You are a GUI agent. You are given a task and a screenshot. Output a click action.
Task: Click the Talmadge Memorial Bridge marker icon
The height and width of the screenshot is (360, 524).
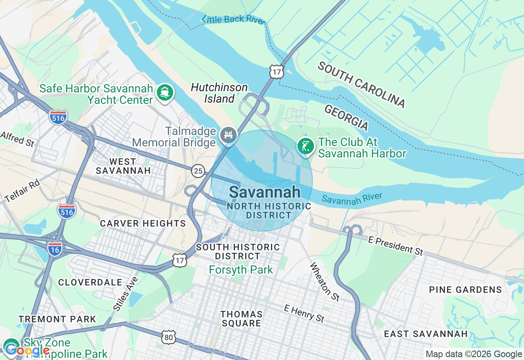point(228,135)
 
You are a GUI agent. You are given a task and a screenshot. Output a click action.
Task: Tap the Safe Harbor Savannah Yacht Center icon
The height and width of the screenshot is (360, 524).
point(165,92)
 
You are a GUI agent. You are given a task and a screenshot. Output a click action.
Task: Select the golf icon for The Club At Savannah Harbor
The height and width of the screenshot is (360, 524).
point(305,146)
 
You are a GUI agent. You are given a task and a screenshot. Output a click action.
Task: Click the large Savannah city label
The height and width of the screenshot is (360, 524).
point(264,192)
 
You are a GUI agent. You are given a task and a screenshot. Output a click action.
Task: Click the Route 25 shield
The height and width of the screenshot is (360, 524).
point(198,171)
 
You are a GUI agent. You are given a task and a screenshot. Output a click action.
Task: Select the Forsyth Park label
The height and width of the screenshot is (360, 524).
point(241,270)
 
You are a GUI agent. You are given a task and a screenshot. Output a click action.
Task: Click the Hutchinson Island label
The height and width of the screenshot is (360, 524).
point(219,93)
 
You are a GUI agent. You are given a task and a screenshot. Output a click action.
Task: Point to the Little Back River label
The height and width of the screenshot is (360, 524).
point(234,19)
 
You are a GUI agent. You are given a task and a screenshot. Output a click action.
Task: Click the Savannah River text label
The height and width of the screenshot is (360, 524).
point(352,198)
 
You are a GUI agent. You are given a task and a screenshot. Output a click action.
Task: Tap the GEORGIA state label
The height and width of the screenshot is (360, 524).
point(346,117)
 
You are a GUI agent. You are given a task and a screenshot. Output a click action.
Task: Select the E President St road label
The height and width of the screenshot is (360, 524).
point(395,246)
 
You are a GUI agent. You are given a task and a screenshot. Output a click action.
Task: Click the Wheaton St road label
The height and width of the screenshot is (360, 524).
point(324,282)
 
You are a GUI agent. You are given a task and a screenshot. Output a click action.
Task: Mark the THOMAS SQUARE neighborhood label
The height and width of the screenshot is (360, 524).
point(242,318)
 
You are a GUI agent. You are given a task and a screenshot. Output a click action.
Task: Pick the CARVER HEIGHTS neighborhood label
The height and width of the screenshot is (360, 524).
point(143,223)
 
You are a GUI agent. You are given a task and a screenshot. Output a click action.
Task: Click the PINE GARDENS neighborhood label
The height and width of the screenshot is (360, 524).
point(465,290)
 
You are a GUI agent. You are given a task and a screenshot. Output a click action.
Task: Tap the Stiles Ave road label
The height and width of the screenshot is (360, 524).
point(125,293)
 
